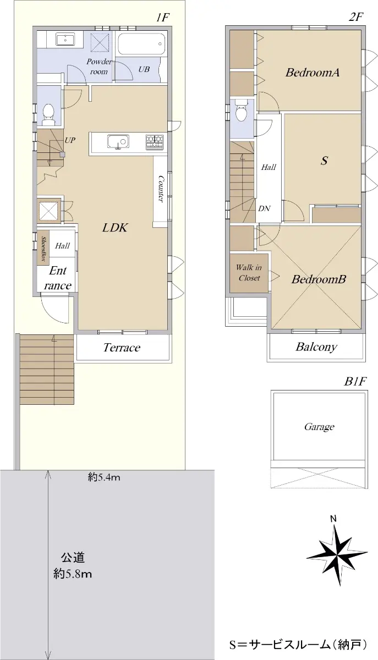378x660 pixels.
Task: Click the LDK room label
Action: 115,228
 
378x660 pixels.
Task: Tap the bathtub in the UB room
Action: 141,43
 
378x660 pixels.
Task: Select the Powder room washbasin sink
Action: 64,40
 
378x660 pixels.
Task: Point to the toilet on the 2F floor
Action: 242,110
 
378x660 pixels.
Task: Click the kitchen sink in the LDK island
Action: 118,142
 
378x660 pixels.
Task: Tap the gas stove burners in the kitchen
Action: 155,141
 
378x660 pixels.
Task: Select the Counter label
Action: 161,189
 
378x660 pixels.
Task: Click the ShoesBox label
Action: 43,249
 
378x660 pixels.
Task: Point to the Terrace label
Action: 122,348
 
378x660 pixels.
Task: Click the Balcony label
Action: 316,347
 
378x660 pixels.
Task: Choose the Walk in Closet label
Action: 249,273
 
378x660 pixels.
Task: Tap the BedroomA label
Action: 313,72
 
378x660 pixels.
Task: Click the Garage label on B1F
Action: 319,427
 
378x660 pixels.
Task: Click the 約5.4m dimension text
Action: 104,477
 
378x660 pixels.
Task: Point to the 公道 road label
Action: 73,557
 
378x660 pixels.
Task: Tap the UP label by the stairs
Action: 70,140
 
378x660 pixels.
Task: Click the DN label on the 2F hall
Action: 264,208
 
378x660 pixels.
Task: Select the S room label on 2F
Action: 324,161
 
